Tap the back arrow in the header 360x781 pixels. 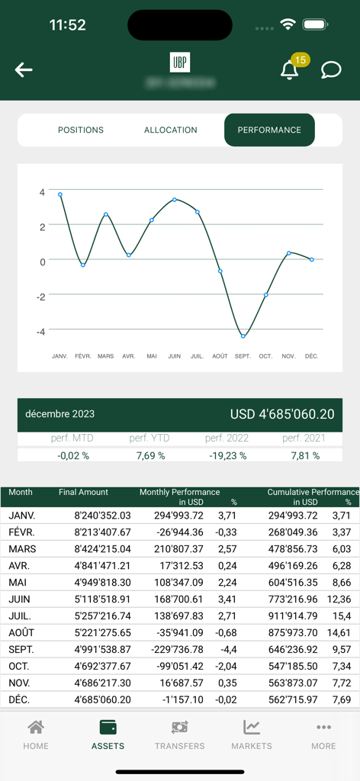(x=24, y=70)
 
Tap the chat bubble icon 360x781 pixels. (x=331, y=70)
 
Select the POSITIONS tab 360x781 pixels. (x=81, y=130)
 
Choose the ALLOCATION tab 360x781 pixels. (x=171, y=130)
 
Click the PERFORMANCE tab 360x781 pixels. (x=269, y=130)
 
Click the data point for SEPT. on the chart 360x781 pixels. (x=243, y=336)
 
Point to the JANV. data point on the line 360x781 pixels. (x=60, y=194)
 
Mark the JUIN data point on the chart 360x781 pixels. (x=175, y=200)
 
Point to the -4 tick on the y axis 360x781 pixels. (x=43, y=331)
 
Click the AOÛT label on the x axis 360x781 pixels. (x=220, y=356)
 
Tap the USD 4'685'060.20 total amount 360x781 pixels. (x=282, y=414)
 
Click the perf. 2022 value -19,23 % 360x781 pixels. (x=226, y=455)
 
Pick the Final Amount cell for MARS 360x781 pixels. (x=102, y=549)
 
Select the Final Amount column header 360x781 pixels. (x=83, y=493)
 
